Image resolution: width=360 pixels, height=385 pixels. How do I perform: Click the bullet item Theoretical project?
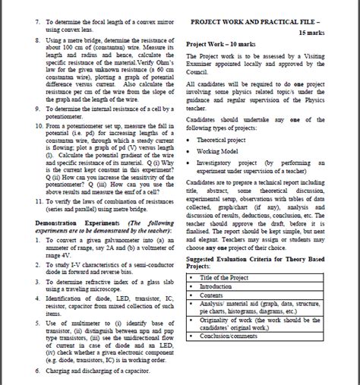(229, 140)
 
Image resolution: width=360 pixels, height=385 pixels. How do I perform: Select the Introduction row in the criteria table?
(220, 287)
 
